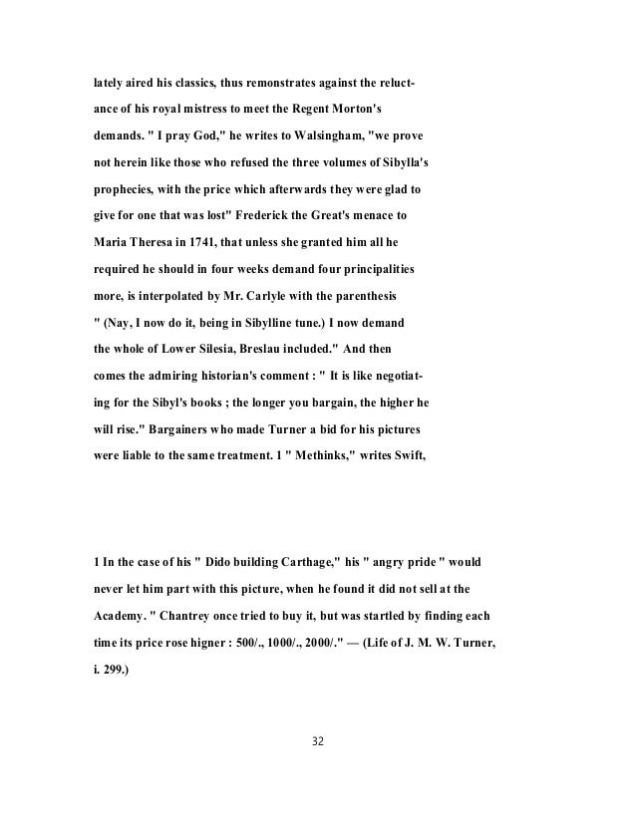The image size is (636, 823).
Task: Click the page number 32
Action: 317,742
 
